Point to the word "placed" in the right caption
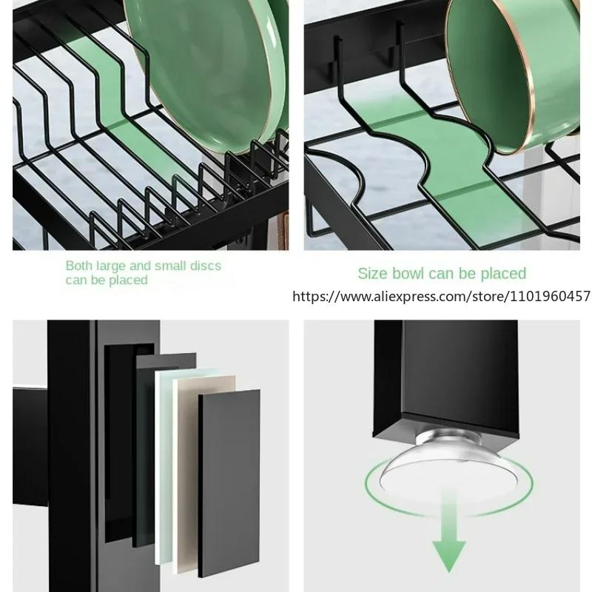click(501, 274)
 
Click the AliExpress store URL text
click(441, 296)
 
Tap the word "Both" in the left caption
click(80, 266)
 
